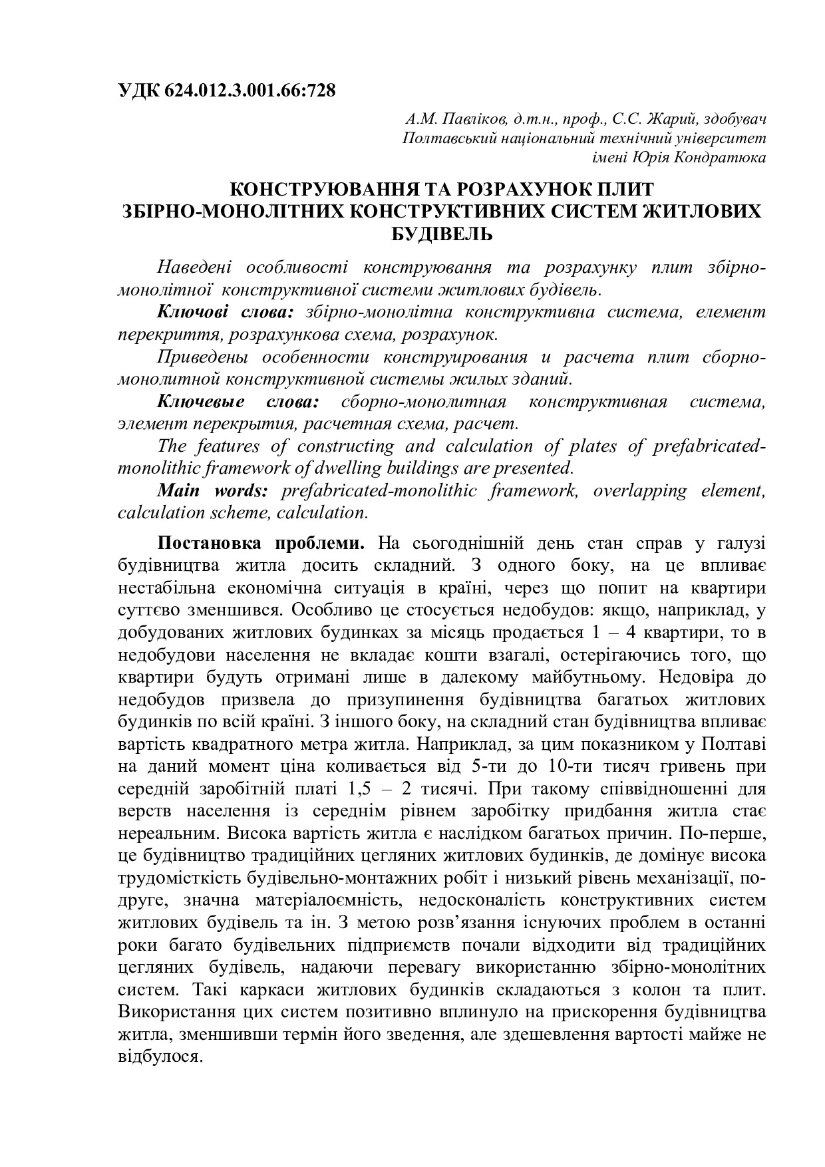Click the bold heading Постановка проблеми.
tap(260, 543)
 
